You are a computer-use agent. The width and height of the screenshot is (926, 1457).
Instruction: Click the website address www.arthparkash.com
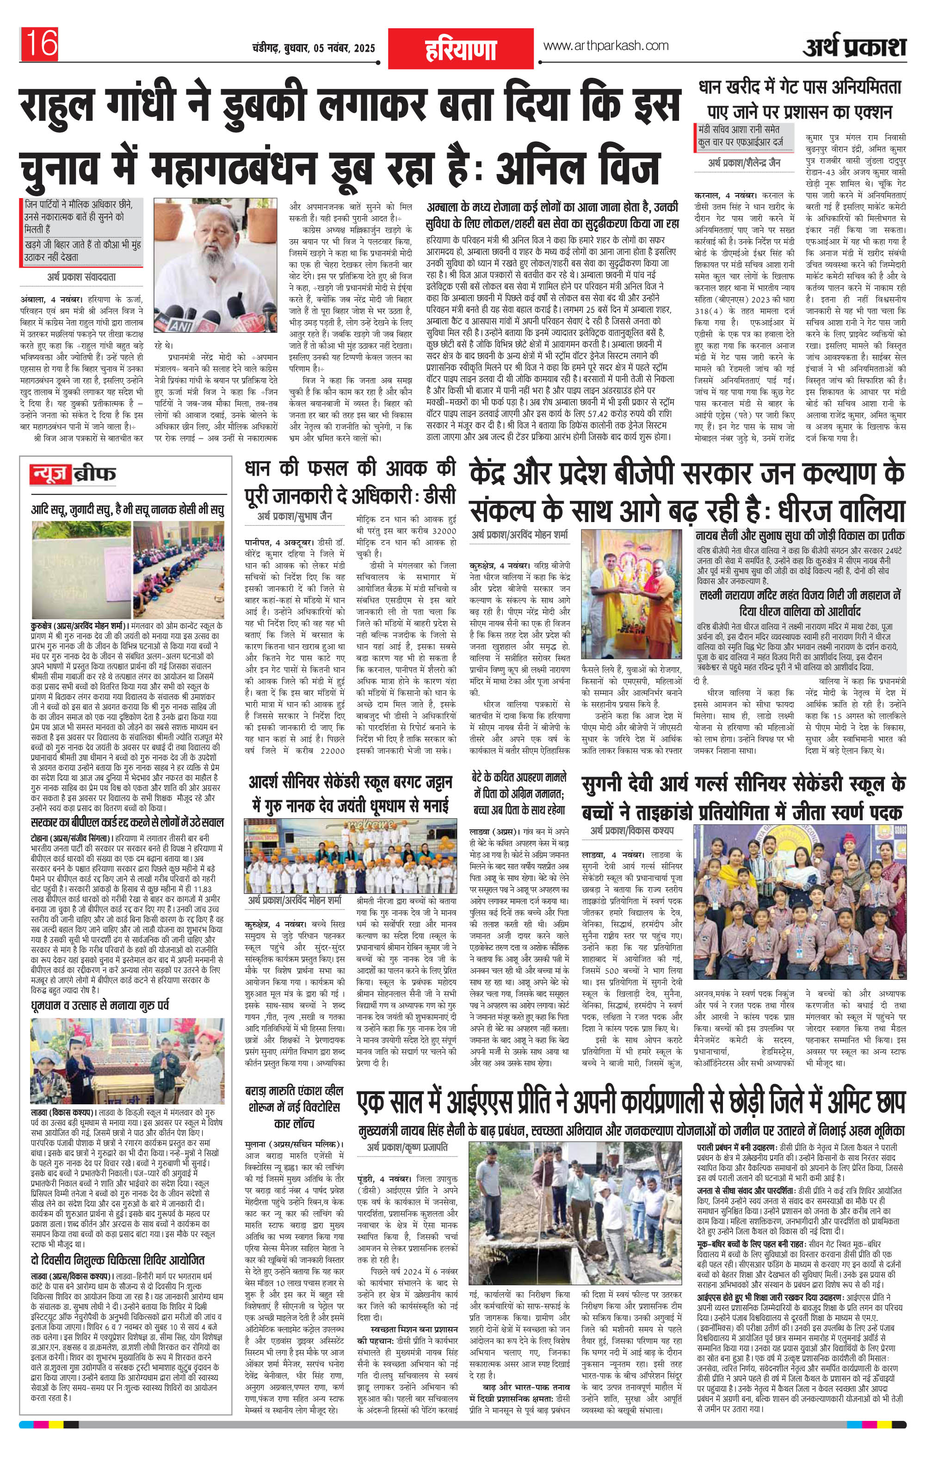(x=606, y=46)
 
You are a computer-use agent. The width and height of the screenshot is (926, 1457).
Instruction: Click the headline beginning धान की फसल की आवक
(x=350, y=483)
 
